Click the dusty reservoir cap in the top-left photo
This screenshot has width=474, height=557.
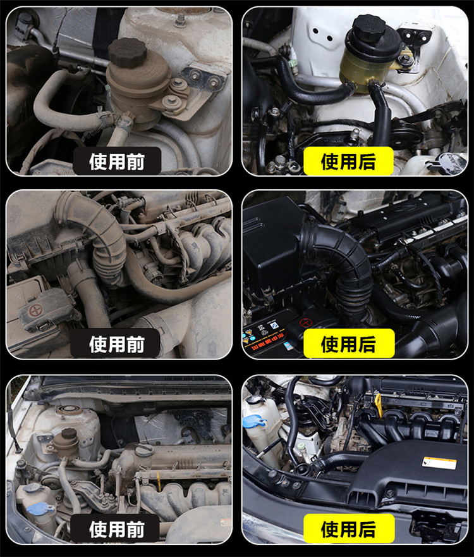pos(127,53)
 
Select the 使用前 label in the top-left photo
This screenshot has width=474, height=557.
pos(117,161)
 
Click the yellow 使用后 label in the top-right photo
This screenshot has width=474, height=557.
pos(348,161)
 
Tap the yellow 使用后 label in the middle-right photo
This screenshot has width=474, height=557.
pos(349,344)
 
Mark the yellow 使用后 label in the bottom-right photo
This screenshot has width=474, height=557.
pos(349,529)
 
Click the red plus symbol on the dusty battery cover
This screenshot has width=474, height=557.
pos(35,311)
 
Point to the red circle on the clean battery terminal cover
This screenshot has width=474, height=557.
pos(305,323)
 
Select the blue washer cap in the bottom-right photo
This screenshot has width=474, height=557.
pos(255,422)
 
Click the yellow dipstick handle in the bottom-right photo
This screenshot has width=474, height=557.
pos(379,404)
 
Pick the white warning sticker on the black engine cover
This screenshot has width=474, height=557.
pos(439,463)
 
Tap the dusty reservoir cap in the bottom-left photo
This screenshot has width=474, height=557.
pos(69,434)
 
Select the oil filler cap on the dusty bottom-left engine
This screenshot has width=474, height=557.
pos(144,449)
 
